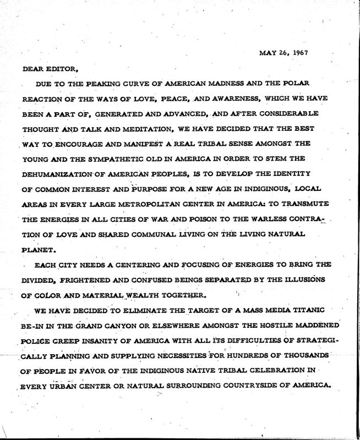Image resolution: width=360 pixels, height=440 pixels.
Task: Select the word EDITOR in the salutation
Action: point(62,69)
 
